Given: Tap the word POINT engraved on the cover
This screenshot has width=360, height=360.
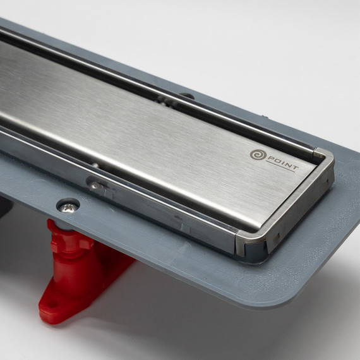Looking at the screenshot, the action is point(283,163).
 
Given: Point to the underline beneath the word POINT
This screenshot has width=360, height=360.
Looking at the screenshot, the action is point(280,167).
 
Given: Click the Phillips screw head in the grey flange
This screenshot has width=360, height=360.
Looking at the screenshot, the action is point(68,208).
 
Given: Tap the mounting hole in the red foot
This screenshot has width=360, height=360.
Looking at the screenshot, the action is point(54,305).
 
